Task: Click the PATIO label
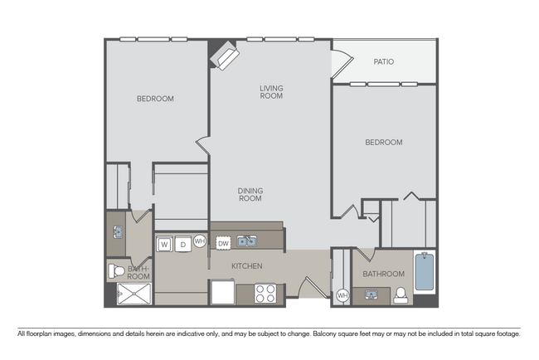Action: point(383,61)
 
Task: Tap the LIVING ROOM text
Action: point(271,92)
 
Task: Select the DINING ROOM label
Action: point(250,194)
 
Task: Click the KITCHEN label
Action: point(246,266)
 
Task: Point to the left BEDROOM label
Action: point(155,99)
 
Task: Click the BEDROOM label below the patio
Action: point(383,142)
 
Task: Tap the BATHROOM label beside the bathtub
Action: point(383,274)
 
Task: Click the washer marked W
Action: point(164,244)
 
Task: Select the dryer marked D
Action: point(182,244)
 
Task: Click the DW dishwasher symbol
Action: point(223,243)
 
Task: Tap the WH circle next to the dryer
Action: point(200,241)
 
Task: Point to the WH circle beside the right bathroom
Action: point(342,294)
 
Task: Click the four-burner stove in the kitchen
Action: point(265,293)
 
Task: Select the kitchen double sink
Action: point(246,241)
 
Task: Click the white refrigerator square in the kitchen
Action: point(223,293)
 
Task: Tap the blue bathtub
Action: point(424,273)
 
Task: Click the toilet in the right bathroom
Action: point(402,294)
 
